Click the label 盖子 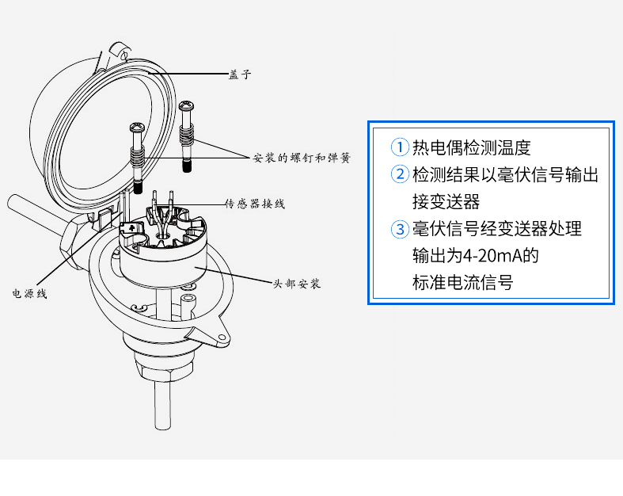(x=240, y=74)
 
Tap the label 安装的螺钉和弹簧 (x=302, y=158)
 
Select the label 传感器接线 (x=255, y=204)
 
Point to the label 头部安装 (x=296, y=284)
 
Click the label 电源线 (x=29, y=293)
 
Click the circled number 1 (x=400, y=147)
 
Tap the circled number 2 (x=400, y=174)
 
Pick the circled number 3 (x=400, y=229)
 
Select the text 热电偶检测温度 (x=472, y=147)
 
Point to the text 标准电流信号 (x=463, y=282)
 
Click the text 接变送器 (x=446, y=201)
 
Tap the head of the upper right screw (x=186, y=106)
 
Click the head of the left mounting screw (x=138, y=128)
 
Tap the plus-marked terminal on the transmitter (x=131, y=228)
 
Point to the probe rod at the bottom (x=162, y=404)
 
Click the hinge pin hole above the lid (x=124, y=55)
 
